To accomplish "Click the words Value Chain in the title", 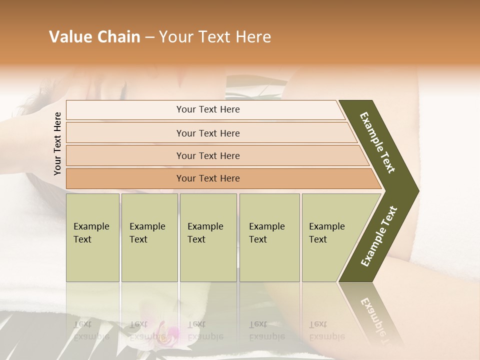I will pos(94,37).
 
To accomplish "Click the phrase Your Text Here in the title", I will pos(215,37).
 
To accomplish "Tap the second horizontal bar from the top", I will pos(208,133).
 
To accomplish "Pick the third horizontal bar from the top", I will pos(208,155).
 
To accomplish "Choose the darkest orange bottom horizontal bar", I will pos(208,178).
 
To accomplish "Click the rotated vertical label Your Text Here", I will pos(57,144).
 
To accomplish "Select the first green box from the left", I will pos(92,237).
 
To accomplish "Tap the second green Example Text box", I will pos(149,237).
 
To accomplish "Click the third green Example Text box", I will pos(208,237).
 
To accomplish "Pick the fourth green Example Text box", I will pos(269,237).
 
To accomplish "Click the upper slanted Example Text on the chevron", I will pos(377,142).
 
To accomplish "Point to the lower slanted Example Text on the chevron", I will pos(379,236).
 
